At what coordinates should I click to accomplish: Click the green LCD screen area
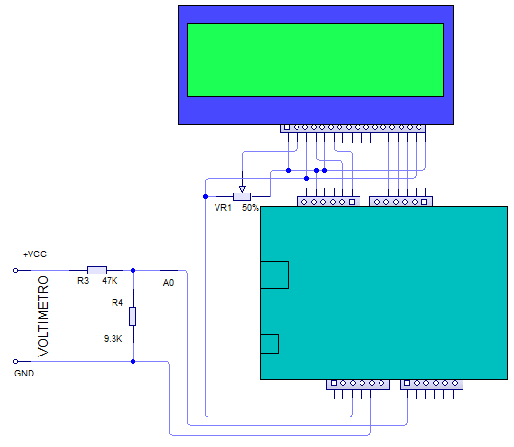(316, 60)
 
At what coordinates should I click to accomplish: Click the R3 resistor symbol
(96, 270)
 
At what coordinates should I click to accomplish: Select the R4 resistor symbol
(133, 316)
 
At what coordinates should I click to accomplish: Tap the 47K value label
(110, 281)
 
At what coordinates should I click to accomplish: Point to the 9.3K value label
(113, 339)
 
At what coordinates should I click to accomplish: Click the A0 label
(168, 283)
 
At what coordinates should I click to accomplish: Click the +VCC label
(34, 254)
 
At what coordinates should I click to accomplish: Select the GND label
(24, 374)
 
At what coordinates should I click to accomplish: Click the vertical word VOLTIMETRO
(43, 316)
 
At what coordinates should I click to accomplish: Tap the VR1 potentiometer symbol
(242, 196)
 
